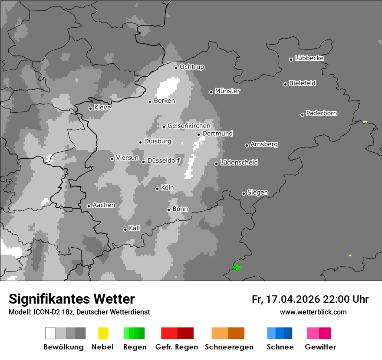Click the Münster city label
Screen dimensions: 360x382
tap(227, 91)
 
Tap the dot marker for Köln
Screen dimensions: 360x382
tap(157, 189)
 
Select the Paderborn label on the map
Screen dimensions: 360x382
tap(322, 113)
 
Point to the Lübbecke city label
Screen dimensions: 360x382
tap(310, 58)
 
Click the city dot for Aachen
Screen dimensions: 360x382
tap(89, 206)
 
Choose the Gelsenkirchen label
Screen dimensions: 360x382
tap(189, 126)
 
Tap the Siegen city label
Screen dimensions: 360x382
tap(257, 193)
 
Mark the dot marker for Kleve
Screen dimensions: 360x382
tap(90, 108)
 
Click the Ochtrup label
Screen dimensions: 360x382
tap(192, 67)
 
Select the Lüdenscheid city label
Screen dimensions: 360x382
tap(239, 162)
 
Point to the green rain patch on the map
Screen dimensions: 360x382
tap(237, 267)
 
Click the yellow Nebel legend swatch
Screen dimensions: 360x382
tap(103, 333)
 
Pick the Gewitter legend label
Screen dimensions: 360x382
tap(320, 347)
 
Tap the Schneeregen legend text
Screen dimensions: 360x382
tap(229, 347)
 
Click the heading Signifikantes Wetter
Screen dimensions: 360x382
tap(72, 299)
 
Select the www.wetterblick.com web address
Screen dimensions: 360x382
tap(313, 312)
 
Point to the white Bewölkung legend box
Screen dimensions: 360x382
tap(50, 333)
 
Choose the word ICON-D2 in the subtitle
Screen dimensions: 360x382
tap(45, 312)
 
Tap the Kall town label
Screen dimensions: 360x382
tap(135, 228)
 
